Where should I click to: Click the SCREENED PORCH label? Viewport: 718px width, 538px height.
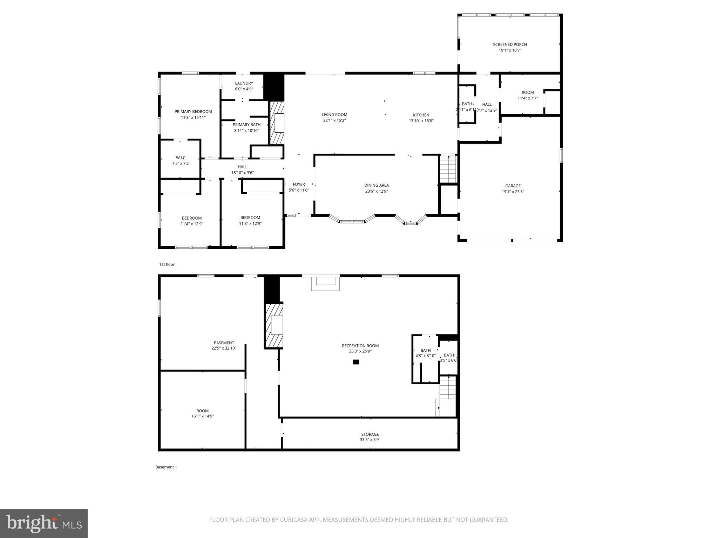pos(510,44)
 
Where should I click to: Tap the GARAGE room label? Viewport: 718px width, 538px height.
pos(513,186)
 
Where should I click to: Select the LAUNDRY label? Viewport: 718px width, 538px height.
pos(244,83)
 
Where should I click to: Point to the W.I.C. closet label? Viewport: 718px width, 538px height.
pos(181,158)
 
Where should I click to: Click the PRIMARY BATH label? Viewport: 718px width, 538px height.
pos(246,125)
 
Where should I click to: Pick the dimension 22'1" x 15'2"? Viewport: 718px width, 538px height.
pos(334,120)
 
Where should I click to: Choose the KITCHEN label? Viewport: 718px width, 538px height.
pos(421,115)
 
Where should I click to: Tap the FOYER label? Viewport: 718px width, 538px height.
pos(299,185)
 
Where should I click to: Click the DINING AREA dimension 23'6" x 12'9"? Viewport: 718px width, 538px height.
pos(376,191)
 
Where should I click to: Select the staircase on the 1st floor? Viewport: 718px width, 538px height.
pos(448,169)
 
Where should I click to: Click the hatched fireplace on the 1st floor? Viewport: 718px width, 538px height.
pos(277,123)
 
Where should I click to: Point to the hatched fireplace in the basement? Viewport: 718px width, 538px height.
pos(274,325)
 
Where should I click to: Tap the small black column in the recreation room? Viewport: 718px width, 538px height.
pos(356,362)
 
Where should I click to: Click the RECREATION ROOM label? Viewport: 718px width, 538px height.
pos(360,346)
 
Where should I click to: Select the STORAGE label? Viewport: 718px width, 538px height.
pos(370,434)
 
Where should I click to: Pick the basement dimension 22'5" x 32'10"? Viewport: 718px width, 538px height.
pos(224,349)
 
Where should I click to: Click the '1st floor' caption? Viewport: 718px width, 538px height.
pos(167,264)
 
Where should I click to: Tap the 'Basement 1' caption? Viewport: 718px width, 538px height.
pos(166,467)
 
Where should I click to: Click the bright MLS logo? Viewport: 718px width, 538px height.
pos(44,524)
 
